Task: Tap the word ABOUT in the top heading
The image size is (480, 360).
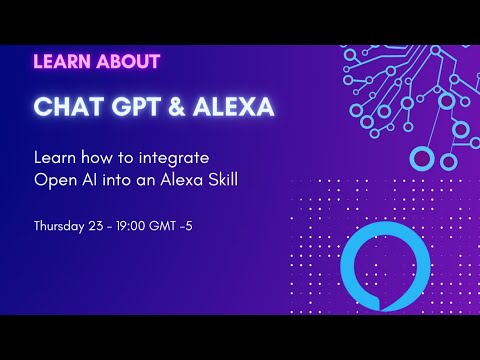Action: coord(129,61)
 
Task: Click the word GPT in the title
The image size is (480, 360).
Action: coord(129,105)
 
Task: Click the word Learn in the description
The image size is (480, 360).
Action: coord(51,157)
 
